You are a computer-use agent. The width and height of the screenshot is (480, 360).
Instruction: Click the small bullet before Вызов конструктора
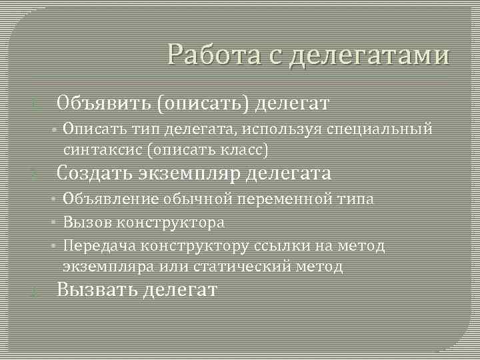[55, 223]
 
